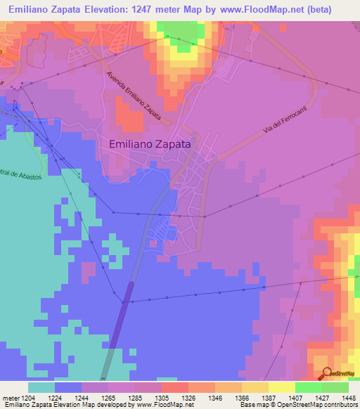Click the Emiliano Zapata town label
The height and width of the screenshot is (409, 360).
[x=152, y=143]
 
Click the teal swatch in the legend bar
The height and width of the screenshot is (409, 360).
[x=41, y=387]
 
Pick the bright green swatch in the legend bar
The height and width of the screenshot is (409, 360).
[x=308, y=387]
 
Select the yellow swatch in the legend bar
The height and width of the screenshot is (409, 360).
[x=281, y=387]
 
